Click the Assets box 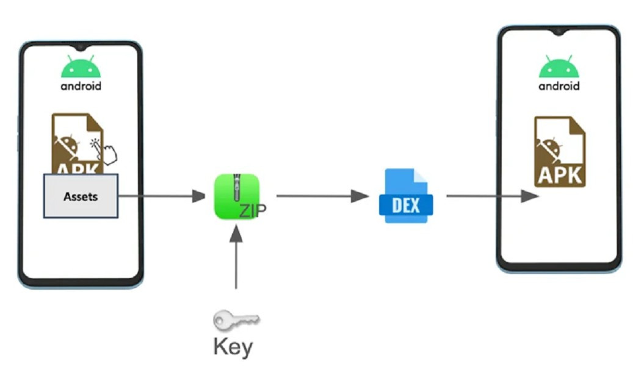(81, 196)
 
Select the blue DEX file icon (405, 196)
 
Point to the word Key (233, 346)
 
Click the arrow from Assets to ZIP (162, 196)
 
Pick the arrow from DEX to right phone (492, 196)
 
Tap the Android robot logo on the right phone (559, 65)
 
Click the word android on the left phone (81, 85)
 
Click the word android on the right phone (559, 86)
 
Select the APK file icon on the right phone (559, 152)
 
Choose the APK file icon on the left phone (76, 144)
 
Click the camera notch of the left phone (80, 46)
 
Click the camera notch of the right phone (559, 30)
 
